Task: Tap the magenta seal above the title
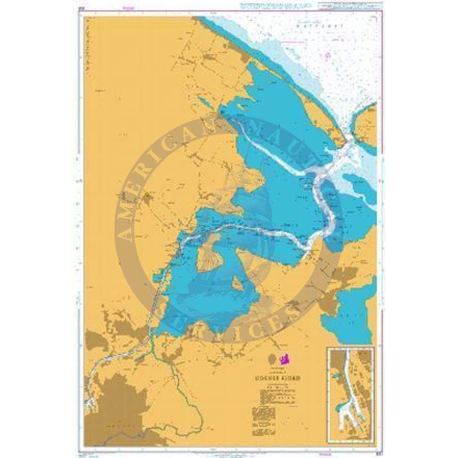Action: click(x=285, y=358)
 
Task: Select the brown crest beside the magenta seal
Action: click(x=271, y=358)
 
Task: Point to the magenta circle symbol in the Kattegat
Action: click(x=328, y=55)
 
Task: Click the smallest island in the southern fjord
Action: click(x=238, y=283)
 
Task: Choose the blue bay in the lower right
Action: click(x=351, y=313)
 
